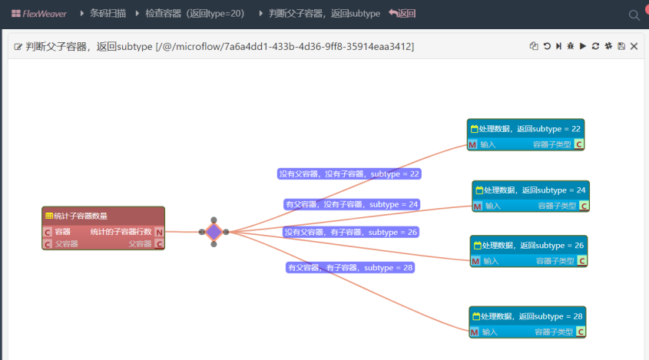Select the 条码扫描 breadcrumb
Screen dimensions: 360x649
(107, 14)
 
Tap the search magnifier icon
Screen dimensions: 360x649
(634, 15)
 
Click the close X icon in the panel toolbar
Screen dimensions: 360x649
(634, 47)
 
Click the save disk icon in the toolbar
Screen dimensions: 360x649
(621, 47)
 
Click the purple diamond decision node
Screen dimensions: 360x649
(214, 232)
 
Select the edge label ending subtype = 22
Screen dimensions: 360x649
(349, 174)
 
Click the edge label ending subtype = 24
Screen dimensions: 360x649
(351, 204)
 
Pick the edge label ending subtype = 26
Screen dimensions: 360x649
(351, 232)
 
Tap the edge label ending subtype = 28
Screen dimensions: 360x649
(349, 267)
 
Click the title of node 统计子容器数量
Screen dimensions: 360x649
(81, 216)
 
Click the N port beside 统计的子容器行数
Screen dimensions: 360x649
(159, 232)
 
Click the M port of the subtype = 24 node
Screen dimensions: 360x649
(477, 206)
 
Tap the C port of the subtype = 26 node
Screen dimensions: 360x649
(581, 261)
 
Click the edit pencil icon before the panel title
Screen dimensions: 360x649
(18, 47)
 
